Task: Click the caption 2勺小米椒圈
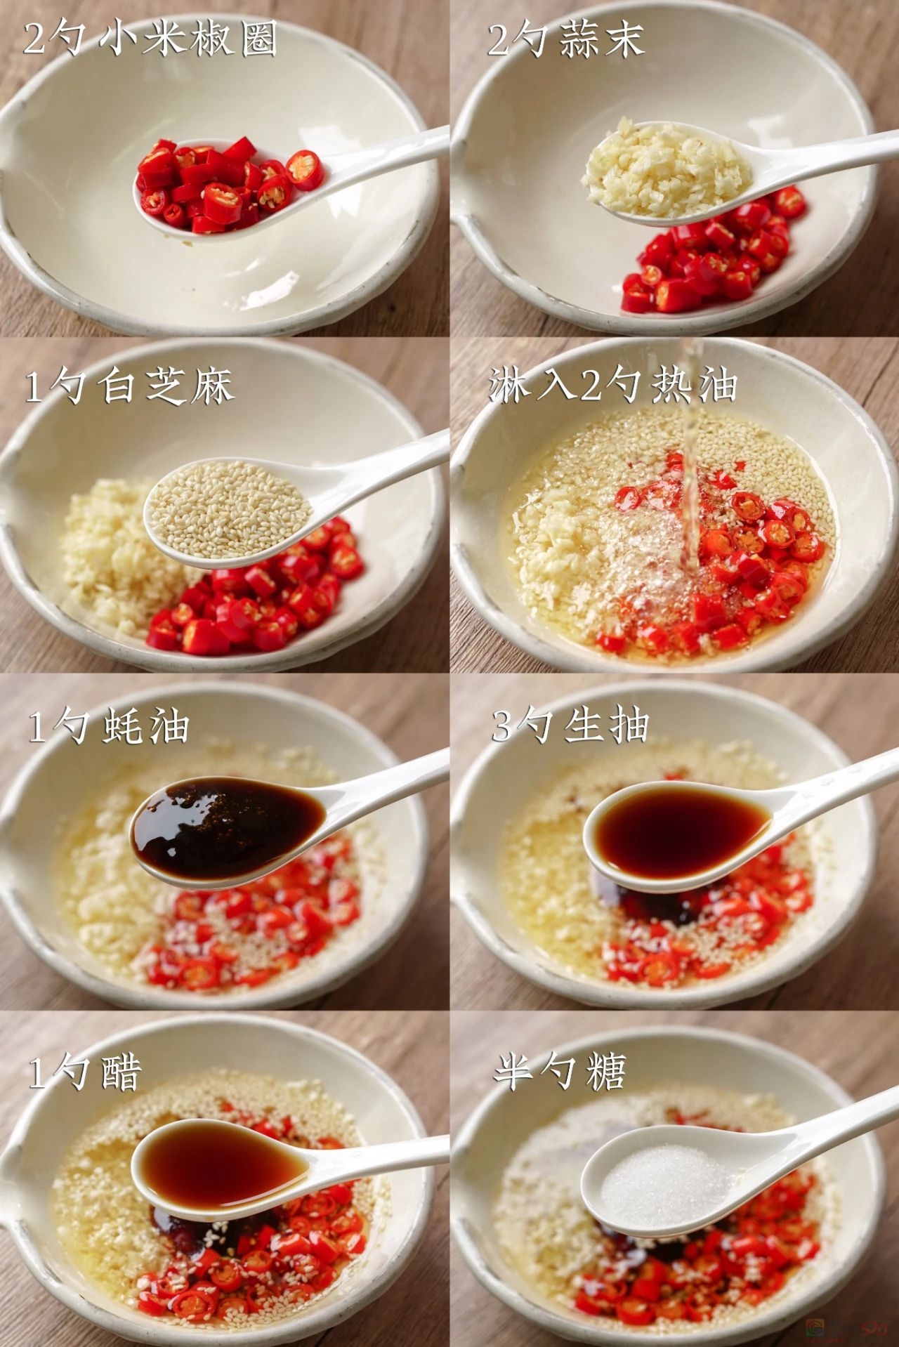150,38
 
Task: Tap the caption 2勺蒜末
565,38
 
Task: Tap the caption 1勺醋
85,1072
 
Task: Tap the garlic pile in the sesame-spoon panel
112,555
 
